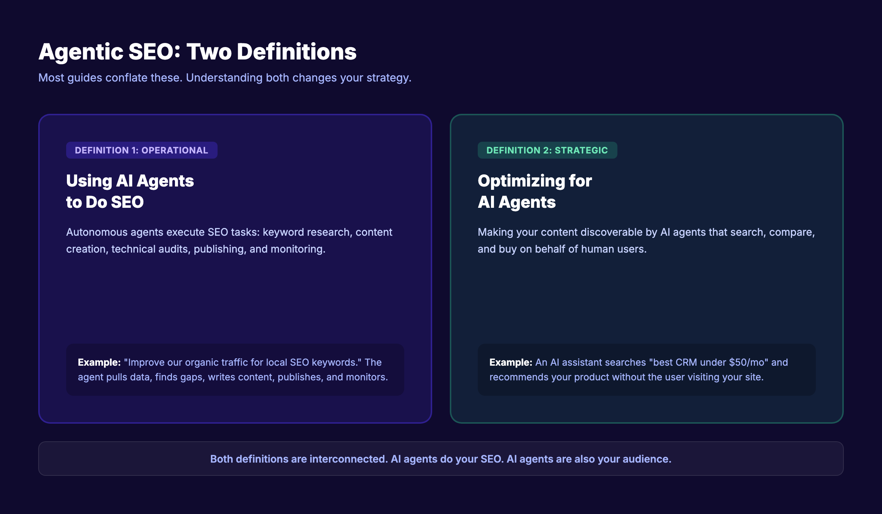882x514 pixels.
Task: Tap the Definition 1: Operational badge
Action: [x=141, y=150]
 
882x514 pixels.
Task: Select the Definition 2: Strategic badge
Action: [x=547, y=150]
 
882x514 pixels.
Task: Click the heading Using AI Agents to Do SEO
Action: [x=130, y=191]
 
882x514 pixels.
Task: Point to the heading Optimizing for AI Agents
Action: [x=534, y=191]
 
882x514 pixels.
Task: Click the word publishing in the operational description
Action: [x=219, y=249]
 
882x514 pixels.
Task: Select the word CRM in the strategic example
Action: [x=686, y=362]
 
